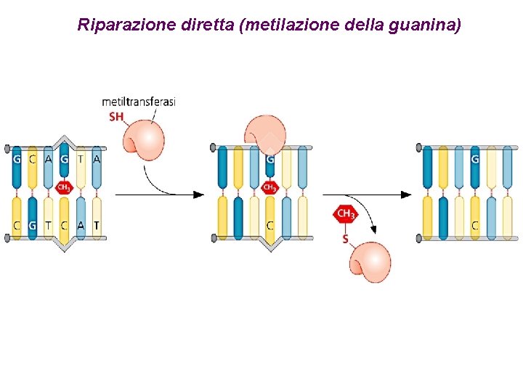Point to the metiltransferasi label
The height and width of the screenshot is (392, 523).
point(139,102)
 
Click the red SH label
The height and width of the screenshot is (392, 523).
point(116,116)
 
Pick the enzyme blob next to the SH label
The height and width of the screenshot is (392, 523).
point(145,139)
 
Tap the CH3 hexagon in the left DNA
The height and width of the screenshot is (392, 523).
point(63,187)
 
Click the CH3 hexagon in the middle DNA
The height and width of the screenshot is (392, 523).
point(269,187)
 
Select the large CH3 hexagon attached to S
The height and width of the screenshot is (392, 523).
point(346,214)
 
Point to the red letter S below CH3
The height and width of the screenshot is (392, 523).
point(346,238)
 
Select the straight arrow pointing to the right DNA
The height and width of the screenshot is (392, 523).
point(367,195)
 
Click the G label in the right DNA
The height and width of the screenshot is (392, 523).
point(475,159)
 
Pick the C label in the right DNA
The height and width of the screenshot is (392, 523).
point(475,226)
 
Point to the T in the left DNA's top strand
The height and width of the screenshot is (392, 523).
point(81,159)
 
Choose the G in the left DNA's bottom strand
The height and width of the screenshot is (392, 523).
point(32,226)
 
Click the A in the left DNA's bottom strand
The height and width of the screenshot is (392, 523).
point(81,226)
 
